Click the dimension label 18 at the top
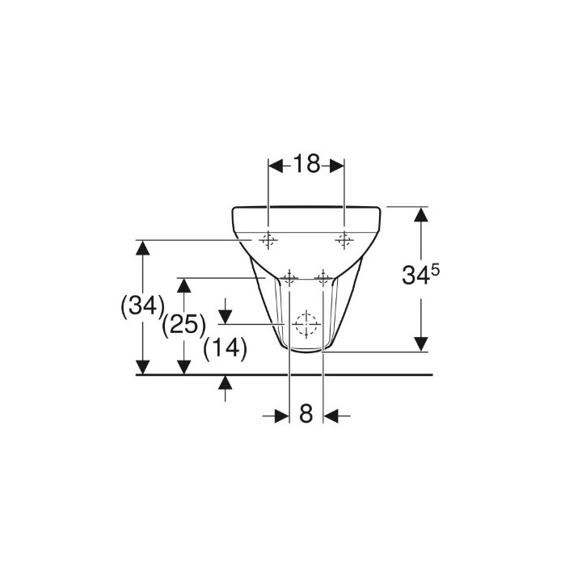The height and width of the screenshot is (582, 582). pyautogui.click(x=306, y=165)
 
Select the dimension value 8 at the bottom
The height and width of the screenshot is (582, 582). pyautogui.click(x=306, y=415)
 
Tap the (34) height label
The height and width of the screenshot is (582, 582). pyautogui.click(x=141, y=306)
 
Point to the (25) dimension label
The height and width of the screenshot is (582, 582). pyautogui.click(x=183, y=325)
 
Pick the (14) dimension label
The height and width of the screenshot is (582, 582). pyautogui.click(x=225, y=348)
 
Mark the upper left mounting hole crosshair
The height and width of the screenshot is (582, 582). pyautogui.click(x=268, y=239)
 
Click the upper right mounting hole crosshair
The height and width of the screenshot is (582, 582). pyautogui.click(x=344, y=239)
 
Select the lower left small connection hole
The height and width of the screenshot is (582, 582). pyautogui.click(x=289, y=279)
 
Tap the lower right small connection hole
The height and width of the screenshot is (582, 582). pyautogui.click(x=323, y=279)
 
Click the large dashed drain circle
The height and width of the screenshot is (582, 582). pyautogui.click(x=306, y=324)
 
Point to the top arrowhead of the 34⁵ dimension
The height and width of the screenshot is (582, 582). pyautogui.click(x=420, y=215)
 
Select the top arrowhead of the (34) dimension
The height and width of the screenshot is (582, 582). pyautogui.click(x=142, y=247)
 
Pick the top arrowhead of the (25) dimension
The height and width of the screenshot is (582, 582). pyautogui.click(x=184, y=285)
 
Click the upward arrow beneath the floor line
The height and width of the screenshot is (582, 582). pyautogui.click(x=226, y=382)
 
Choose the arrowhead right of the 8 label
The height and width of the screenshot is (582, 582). pyautogui.click(x=331, y=415)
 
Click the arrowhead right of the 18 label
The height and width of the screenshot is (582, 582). pyautogui.click(x=335, y=166)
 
